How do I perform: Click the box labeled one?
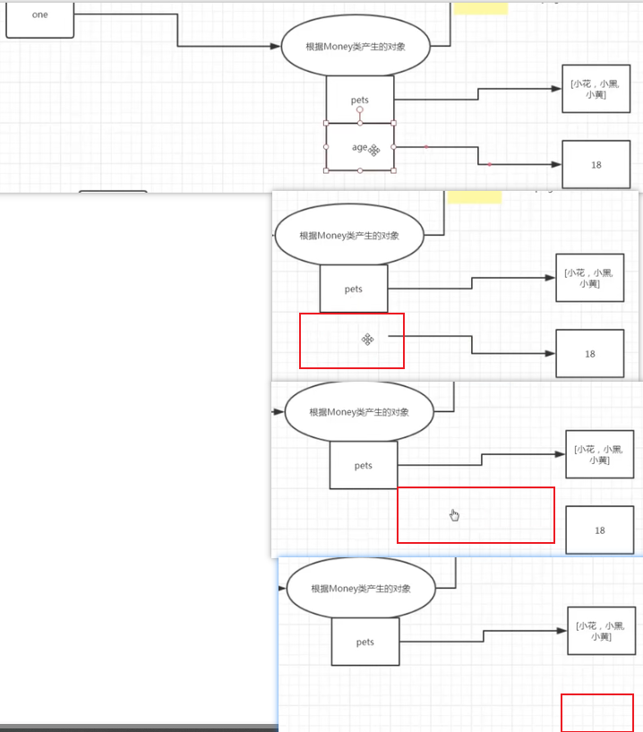point(39,18)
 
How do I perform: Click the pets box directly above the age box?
point(360,99)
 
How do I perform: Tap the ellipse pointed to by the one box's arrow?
point(356,46)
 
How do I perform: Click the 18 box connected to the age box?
point(596,165)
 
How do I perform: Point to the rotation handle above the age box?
point(360,109)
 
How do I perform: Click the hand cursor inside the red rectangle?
point(454,514)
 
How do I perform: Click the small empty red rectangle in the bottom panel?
point(596,712)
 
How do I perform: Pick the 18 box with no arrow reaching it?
point(599,530)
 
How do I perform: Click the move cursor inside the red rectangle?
point(367,339)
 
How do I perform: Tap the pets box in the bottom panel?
point(364,642)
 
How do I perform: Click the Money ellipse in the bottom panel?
point(361,589)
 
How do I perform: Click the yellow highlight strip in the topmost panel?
point(480,9)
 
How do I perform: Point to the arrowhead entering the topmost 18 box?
point(556,165)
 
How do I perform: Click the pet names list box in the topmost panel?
point(596,89)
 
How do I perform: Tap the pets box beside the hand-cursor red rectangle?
point(363,465)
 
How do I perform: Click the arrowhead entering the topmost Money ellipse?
point(276,46)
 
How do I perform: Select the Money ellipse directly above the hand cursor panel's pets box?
point(359,412)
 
